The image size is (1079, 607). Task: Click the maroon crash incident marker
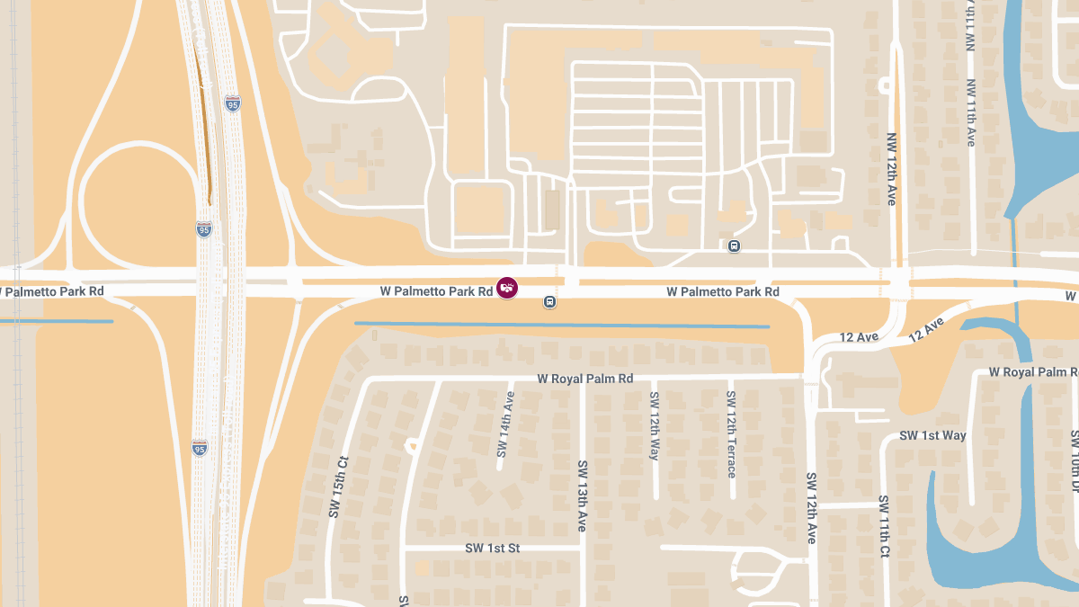point(507,289)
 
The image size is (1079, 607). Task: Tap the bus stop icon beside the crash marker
point(549,302)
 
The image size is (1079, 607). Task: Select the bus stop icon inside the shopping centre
point(735,245)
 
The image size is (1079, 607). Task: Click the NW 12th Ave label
point(891,170)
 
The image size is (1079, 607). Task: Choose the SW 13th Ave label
point(583,495)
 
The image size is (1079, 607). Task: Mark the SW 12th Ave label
point(811,508)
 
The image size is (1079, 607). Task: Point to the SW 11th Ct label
point(884,524)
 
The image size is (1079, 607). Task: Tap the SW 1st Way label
point(932,435)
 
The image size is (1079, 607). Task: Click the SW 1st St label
point(493,548)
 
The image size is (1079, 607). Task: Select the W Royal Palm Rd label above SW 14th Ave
point(585,379)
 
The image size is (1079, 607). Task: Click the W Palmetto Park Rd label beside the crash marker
point(436,291)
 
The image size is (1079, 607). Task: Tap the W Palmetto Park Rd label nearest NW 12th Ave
point(723,291)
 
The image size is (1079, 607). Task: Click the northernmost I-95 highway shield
point(233,104)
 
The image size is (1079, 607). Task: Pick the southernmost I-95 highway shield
point(200,448)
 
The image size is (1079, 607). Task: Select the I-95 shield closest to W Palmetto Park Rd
point(205,229)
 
